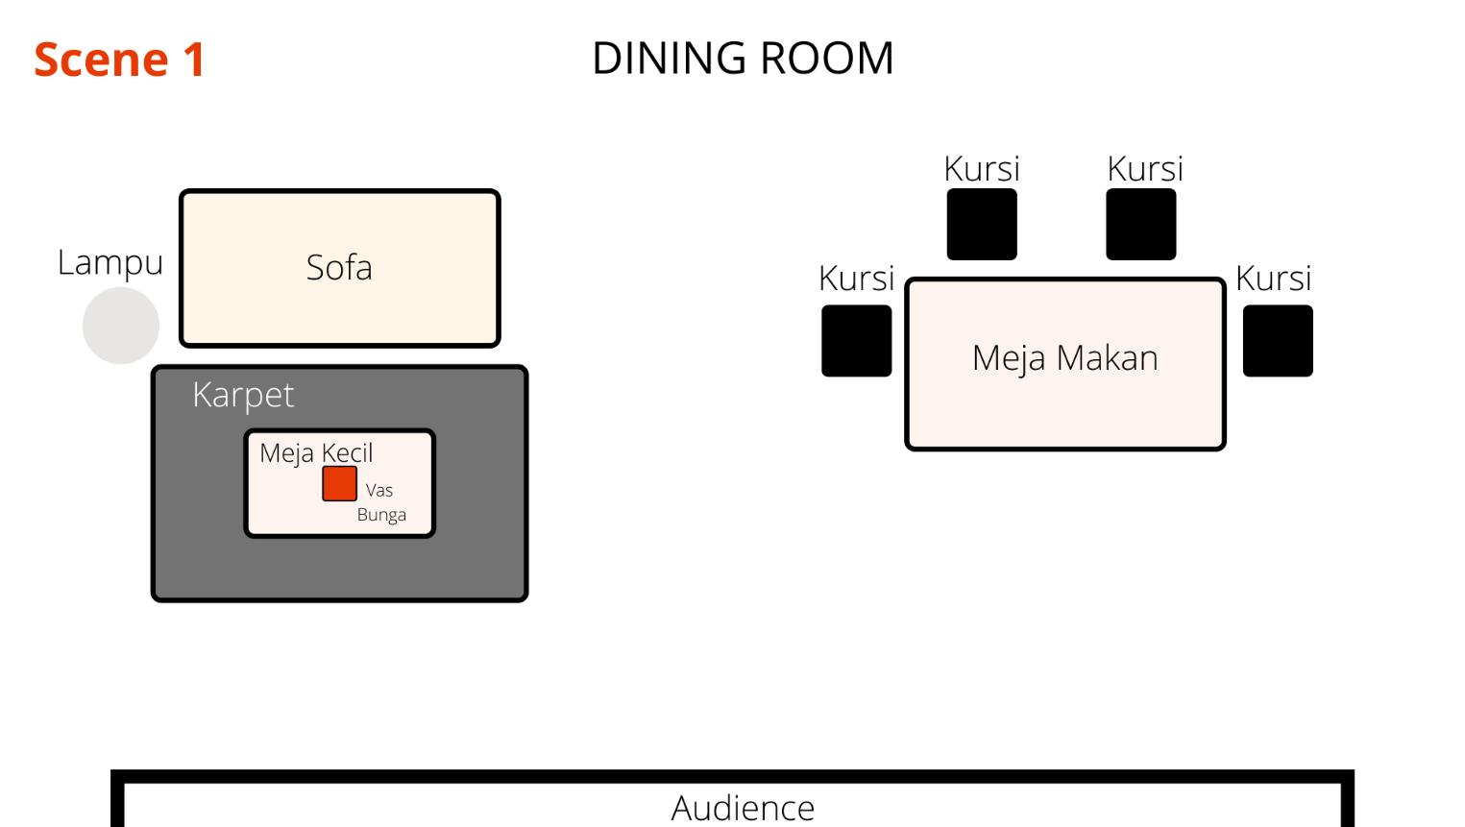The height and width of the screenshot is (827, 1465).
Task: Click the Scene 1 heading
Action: pos(119,60)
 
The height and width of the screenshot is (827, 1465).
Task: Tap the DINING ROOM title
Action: pos(743,59)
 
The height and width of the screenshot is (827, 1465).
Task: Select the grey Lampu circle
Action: pos(121,326)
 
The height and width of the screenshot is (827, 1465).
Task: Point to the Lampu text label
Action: pos(110,263)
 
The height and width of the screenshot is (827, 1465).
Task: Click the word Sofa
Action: pos(339,267)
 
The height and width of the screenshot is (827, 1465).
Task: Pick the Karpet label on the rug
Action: pos(243,395)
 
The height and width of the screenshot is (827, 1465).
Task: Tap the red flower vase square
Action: pos(339,483)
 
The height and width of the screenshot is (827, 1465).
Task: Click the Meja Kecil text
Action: pos(316,452)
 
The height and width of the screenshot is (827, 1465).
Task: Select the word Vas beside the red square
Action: pos(379,490)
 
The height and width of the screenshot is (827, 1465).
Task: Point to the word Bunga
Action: pos(381,515)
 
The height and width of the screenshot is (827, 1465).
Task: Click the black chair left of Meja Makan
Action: pos(856,341)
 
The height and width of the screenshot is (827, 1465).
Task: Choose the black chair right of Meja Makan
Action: pos(1278,341)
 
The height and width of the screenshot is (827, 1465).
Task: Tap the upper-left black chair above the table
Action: pos(982,224)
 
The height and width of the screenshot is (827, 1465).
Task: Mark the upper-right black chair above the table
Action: pos(1141,224)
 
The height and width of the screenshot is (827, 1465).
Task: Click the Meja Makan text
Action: pos(1064,358)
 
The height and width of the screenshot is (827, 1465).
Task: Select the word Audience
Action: pos(743,808)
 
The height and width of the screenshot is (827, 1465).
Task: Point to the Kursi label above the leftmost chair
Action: pos(856,279)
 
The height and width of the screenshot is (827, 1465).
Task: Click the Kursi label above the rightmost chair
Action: pos(1274,279)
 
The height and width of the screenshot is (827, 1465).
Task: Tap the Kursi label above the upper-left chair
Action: pos(982,169)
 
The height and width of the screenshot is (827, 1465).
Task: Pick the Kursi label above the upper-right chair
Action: pos(1145,169)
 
